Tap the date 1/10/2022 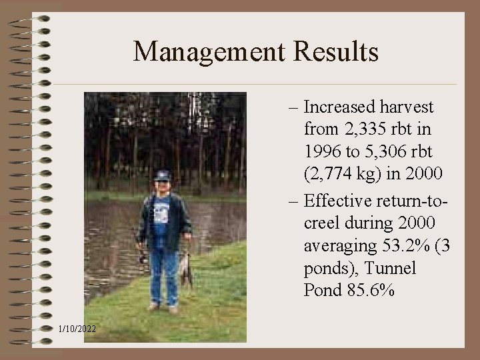click(77, 329)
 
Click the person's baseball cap click(162, 176)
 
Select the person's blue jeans click(163, 273)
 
